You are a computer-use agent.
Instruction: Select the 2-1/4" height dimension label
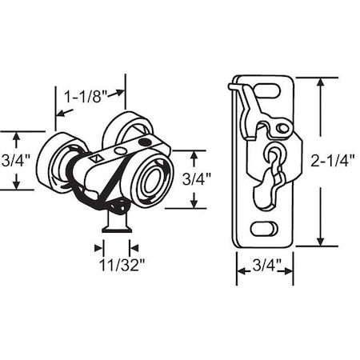(x=333, y=160)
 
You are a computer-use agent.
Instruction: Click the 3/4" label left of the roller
(x=15, y=159)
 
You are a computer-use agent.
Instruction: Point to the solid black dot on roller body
(x=144, y=142)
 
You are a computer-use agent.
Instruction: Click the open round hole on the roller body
(x=119, y=150)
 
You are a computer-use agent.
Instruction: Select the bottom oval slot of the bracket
(x=263, y=229)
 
